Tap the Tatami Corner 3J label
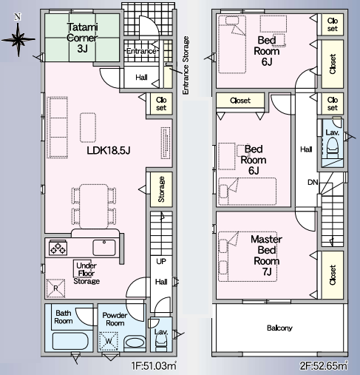pos(82,38)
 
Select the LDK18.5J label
pos(109,150)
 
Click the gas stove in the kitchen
pos(58,248)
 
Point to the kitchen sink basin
pos(104,248)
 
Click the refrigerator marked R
pos(55,288)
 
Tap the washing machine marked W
pos(109,341)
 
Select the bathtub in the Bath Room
pos(70,341)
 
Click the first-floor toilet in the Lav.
pos(161,343)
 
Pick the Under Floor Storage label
pos(86,274)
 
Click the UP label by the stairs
pos(161,261)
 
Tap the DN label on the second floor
pos(313,183)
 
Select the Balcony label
pos(279,328)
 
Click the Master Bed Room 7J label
pos(266,256)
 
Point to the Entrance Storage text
pos(186,65)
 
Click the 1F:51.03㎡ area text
pos(154,365)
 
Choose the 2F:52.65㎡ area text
pos(323,365)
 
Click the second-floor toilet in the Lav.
pos(332,148)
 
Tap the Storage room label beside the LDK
pos(161,189)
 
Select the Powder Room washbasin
pos(135,342)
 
